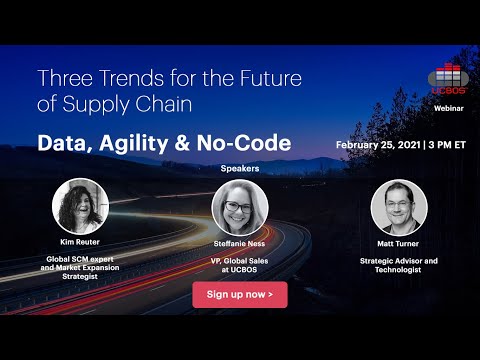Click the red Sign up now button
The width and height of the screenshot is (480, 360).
pos(239,294)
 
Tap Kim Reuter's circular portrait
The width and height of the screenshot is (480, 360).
pos(80,207)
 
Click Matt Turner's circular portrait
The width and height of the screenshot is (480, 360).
pos(399,207)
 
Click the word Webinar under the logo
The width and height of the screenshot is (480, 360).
pos(448,103)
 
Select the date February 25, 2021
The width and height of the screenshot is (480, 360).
pos(378,144)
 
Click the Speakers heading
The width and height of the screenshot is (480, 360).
pos(240,169)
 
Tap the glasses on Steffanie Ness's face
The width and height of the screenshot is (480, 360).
pos(240,207)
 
